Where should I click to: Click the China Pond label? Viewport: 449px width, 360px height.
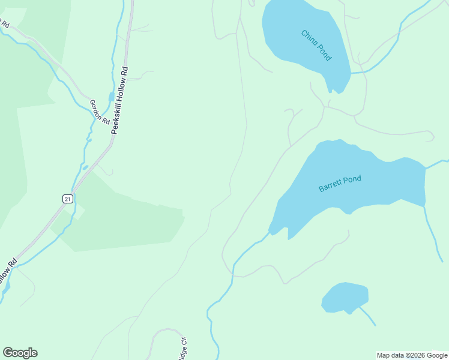[316, 45]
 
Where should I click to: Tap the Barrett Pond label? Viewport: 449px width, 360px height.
[340, 184]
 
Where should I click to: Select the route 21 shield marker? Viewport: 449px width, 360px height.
[68, 199]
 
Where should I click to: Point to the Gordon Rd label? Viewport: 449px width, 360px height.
[100, 112]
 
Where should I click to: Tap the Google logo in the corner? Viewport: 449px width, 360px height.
[20, 353]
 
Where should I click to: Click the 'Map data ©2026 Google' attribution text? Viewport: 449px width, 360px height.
[412, 355]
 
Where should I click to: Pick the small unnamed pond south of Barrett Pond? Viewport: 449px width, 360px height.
[345, 298]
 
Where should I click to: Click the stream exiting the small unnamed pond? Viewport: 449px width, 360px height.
[367, 316]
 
